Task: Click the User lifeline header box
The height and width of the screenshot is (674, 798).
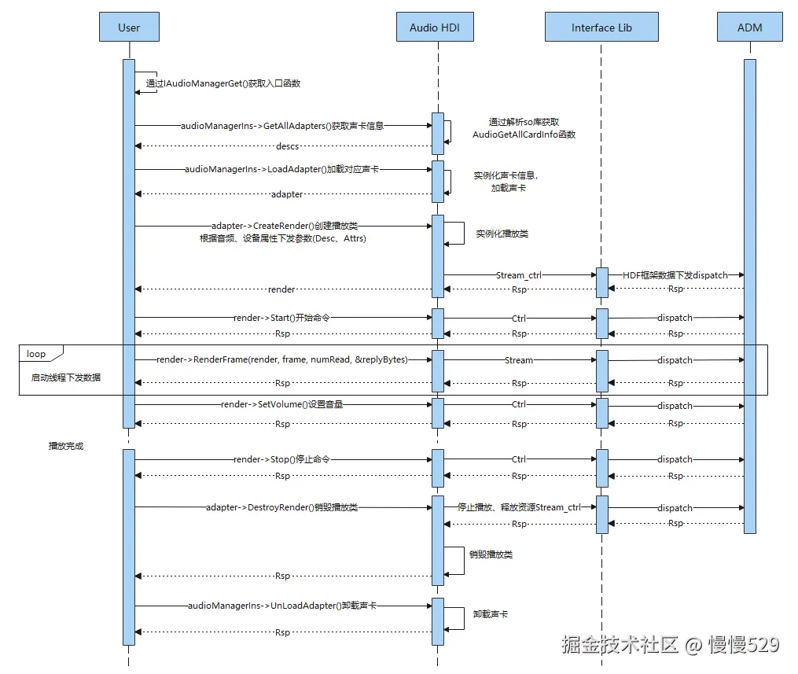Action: (129, 28)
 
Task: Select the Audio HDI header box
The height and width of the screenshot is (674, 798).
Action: (435, 28)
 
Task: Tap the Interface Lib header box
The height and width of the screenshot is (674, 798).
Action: (601, 28)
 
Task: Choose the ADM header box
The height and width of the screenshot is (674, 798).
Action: (749, 28)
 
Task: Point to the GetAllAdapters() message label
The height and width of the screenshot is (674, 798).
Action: (282, 125)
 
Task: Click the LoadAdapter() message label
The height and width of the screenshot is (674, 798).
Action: (282, 169)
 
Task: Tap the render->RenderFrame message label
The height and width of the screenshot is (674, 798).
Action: (282, 359)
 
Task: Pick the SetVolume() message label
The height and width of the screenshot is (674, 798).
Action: (282, 405)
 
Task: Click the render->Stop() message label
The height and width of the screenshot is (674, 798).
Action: (281, 459)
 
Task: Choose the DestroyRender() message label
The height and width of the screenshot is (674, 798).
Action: (281, 507)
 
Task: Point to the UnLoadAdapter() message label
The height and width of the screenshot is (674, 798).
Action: (282, 606)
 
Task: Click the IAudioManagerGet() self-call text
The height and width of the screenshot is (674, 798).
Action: (223, 83)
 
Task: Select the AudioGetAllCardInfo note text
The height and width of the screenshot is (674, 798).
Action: (524, 134)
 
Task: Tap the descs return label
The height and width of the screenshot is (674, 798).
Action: (287, 146)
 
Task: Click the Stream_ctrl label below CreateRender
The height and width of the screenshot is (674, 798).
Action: (519, 275)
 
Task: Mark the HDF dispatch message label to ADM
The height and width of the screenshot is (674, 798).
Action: (675, 275)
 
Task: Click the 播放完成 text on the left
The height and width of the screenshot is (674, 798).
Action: (66, 446)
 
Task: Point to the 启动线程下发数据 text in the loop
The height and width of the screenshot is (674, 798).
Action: (66, 378)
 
